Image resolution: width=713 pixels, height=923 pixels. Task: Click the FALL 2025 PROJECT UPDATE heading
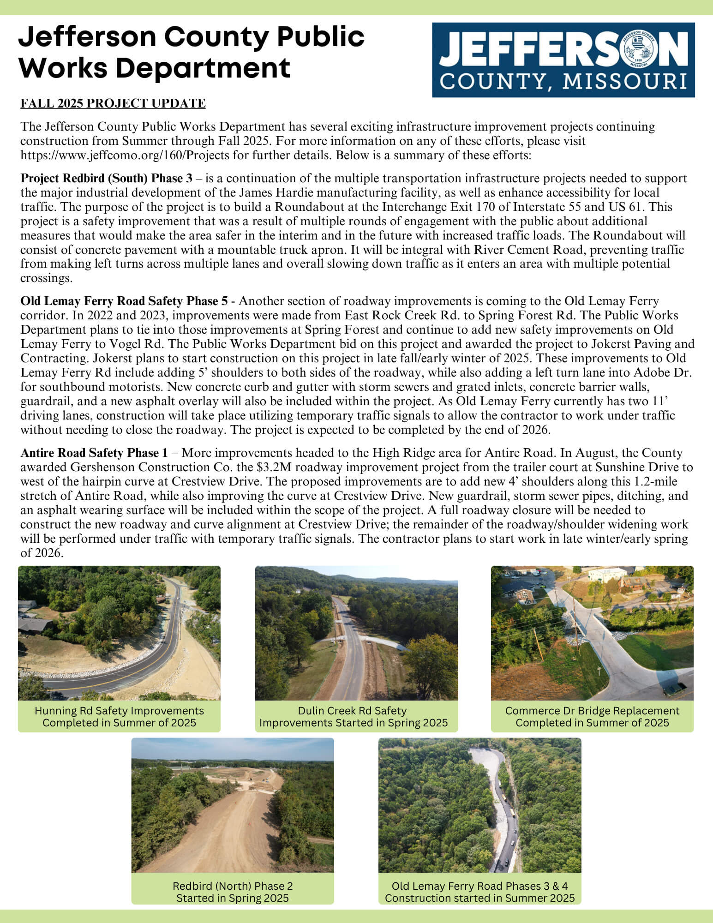tap(113, 103)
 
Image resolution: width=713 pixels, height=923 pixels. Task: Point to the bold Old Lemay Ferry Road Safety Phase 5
tap(124, 301)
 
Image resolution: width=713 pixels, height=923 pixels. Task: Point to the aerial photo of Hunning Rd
tap(119, 633)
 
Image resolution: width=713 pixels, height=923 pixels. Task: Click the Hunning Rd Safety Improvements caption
tap(119, 716)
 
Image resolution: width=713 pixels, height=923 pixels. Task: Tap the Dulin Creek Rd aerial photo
tap(356, 633)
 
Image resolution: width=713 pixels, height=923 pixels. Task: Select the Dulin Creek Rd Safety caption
tap(353, 716)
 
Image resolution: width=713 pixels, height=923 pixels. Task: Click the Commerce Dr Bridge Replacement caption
tap(592, 716)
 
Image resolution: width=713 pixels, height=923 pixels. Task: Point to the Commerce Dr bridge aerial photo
tap(592, 633)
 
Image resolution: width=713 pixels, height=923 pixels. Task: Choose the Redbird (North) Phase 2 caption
tap(233, 892)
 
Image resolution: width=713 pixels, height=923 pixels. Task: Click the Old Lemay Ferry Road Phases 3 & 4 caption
tap(480, 892)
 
